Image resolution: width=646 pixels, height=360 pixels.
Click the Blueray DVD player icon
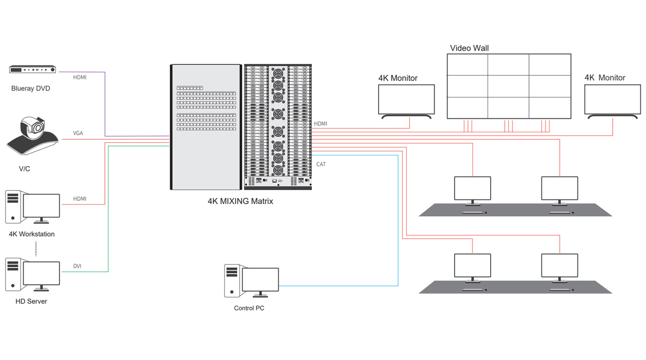(x=32, y=70)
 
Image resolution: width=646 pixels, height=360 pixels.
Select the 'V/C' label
(x=24, y=169)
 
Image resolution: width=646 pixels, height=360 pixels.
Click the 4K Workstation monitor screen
(x=41, y=205)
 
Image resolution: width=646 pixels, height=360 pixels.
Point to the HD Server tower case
(x=13, y=274)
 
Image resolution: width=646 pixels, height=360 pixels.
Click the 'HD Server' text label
(x=31, y=301)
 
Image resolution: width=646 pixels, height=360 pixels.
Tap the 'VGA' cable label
(x=78, y=133)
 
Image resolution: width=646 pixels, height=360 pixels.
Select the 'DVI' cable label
(x=77, y=266)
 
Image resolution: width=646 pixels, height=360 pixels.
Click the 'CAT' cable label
(x=321, y=164)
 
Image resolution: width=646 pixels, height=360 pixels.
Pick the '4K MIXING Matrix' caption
(x=240, y=201)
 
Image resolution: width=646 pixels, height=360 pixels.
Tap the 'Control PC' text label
(x=249, y=308)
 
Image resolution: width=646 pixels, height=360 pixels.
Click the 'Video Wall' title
(x=469, y=48)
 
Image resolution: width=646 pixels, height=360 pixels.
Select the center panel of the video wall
(x=508, y=86)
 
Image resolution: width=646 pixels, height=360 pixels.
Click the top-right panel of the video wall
(x=550, y=65)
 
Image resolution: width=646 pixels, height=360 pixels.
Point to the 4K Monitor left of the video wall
(x=406, y=99)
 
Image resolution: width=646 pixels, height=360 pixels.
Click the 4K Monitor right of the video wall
(x=612, y=99)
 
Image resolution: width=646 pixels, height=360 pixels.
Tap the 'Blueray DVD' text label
(x=31, y=88)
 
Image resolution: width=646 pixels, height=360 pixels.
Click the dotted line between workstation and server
(x=36, y=248)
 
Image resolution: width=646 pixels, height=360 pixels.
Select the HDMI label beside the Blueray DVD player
(x=80, y=77)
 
